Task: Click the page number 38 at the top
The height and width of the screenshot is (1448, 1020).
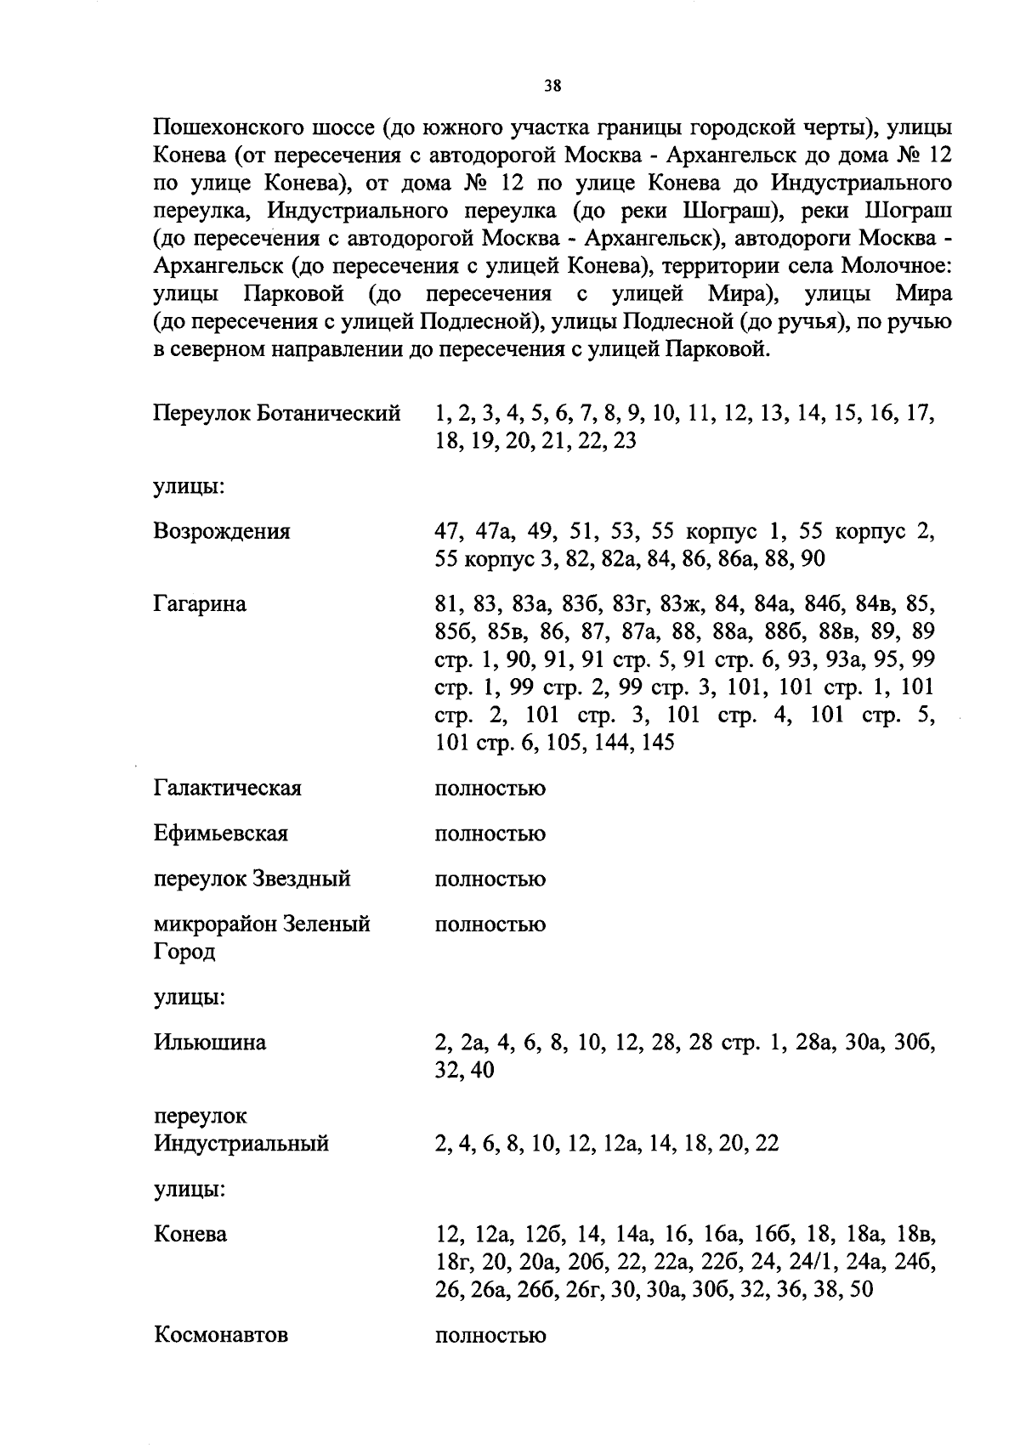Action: pyautogui.click(x=552, y=86)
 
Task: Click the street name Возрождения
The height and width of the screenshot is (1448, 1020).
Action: pyautogui.click(x=222, y=532)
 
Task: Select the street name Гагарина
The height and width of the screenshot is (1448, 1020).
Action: pyautogui.click(x=200, y=604)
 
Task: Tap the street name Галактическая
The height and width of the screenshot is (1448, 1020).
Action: pyautogui.click(x=227, y=789)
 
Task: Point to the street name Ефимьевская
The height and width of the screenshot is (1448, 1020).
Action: pyautogui.click(x=221, y=834)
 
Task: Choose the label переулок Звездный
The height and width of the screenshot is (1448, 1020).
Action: pyautogui.click(x=252, y=879)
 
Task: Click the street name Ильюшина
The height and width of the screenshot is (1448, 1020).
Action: pyautogui.click(x=209, y=1043)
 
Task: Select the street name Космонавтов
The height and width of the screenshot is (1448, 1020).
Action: pyautogui.click(x=221, y=1335)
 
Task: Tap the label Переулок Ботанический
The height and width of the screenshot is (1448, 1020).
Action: pyautogui.click(x=276, y=414)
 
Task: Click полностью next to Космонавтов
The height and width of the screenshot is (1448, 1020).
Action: pyautogui.click(x=490, y=1336)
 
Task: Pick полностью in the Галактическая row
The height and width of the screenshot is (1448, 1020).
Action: pyautogui.click(x=490, y=789)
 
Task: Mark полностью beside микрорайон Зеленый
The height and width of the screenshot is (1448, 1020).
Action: pyautogui.click(x=490, y=925)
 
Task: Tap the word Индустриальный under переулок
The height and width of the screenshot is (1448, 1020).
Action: pyautogui.click(x=241, y=1144)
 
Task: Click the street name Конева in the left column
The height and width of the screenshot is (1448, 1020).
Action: pyautogui.click(x=190, y=1234)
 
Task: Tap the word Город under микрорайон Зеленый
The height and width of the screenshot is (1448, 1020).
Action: pyautogui.click(x=184, y=952)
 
